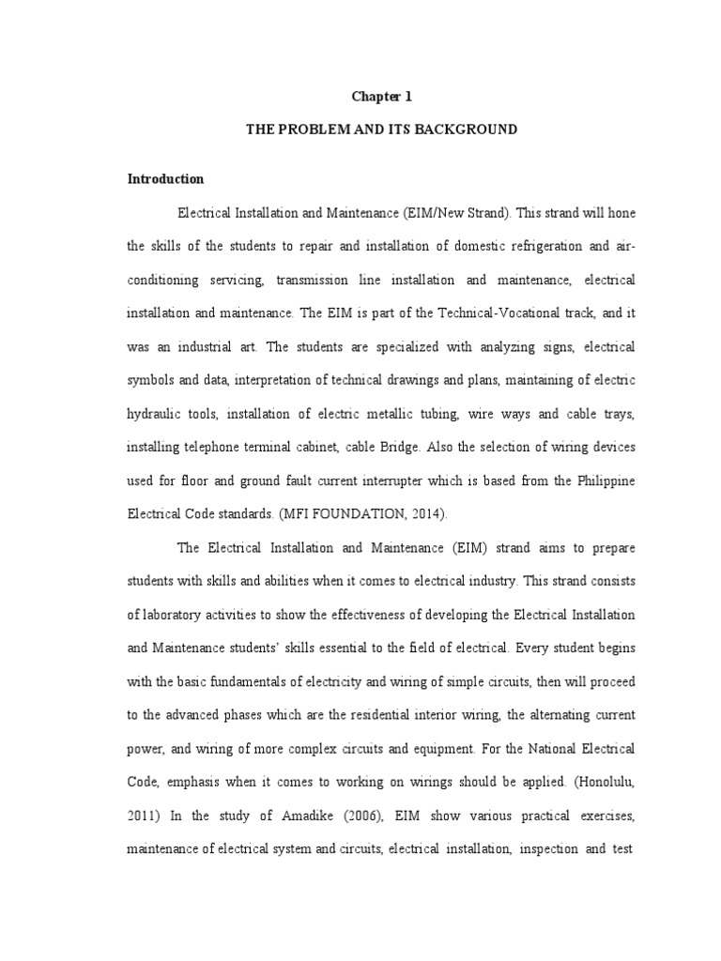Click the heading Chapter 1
[x=381, y=96]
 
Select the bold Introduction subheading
[x=166, y=178]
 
